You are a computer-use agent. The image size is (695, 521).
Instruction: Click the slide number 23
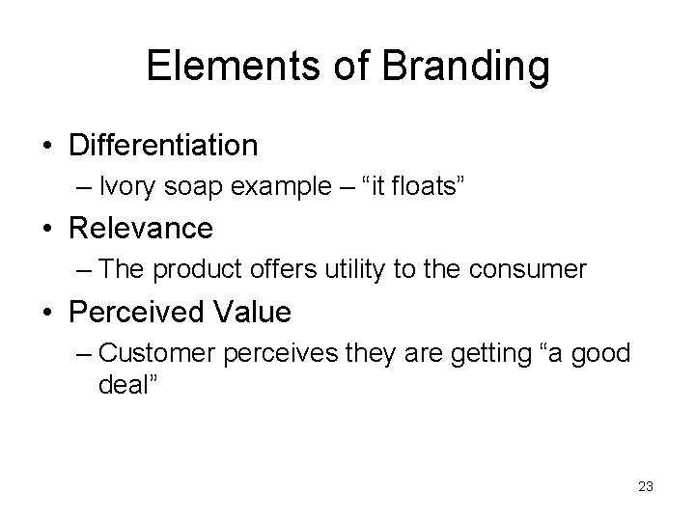click(646, 487)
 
